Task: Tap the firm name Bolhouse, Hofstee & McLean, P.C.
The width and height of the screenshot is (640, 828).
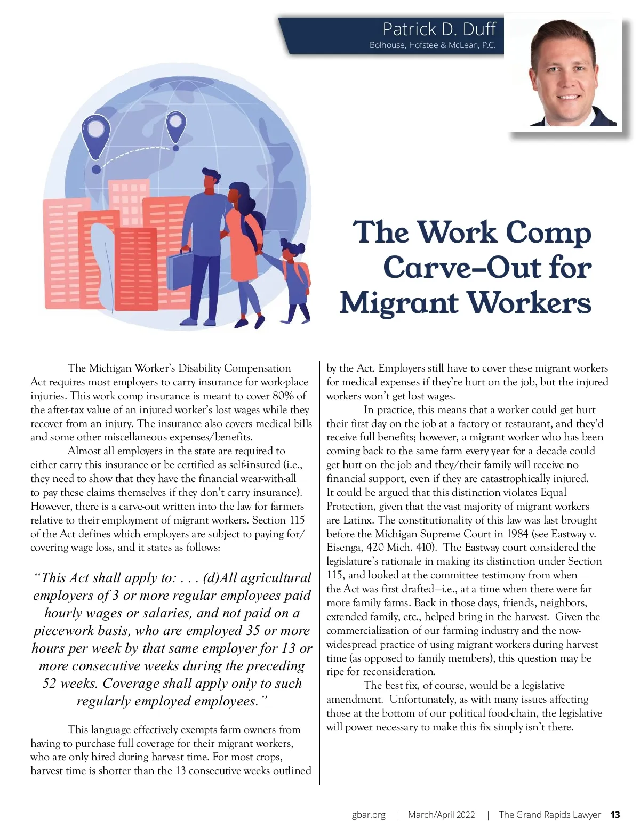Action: coord(432,45)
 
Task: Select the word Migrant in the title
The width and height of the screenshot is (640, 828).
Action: coord(399,304)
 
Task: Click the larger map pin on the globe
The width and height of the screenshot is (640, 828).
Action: coord(95,135)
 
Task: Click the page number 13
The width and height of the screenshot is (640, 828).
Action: coord(615,815)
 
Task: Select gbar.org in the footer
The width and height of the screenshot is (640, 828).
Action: coord(369,815)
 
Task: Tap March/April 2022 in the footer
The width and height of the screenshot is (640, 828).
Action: coord(441,815)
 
